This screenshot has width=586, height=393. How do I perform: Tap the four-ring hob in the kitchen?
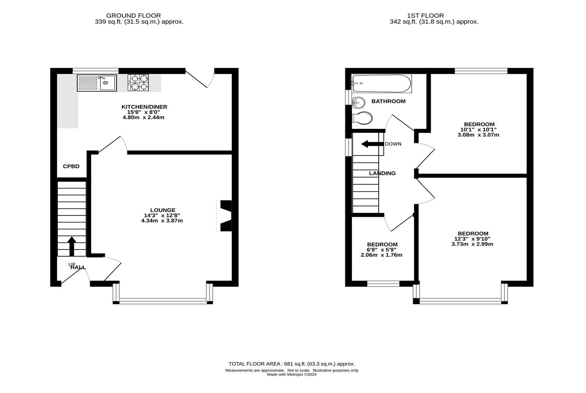(x=138, y=83)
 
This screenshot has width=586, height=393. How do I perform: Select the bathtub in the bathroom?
(x=381, y=83)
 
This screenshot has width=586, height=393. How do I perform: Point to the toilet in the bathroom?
(x=362, y=118)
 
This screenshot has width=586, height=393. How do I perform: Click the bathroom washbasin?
(x=359, y=103)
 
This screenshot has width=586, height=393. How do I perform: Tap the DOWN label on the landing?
(x=393, y=144)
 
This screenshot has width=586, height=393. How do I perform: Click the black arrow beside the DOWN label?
(x=372, y=144)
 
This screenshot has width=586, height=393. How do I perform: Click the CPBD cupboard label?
(x=71, y=166)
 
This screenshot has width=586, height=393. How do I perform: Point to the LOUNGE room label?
(x=163, y=210)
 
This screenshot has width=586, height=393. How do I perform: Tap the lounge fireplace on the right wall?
(x=225, y=216)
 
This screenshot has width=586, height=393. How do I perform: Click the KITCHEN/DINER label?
(x=144, y=107)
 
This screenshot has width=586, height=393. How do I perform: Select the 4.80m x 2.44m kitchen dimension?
(x=144, y=118)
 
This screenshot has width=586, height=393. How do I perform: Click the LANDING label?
(x=382, y=173)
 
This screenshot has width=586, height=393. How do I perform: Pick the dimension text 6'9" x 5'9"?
(x=381, y=250)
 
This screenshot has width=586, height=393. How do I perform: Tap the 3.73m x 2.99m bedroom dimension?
(x=472, y=244)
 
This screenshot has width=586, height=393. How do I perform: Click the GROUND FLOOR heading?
(x=133, y=16)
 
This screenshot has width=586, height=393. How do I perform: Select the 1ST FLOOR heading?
(x=426, y=16)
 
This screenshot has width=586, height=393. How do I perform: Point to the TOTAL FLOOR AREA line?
(x=292, y=364)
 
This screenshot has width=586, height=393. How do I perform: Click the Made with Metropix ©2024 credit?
(x=292, y=375)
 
